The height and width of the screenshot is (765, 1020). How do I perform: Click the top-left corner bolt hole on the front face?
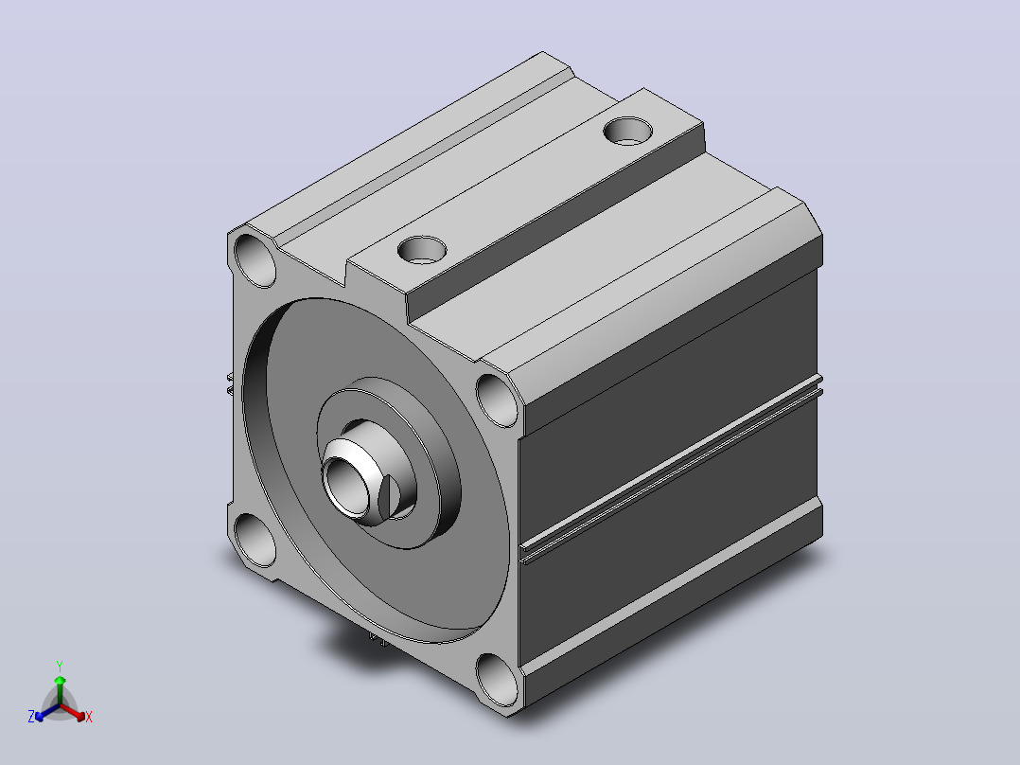(255, 260)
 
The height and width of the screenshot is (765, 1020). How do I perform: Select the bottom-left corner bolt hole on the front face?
(255, 540)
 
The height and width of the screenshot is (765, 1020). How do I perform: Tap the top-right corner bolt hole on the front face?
(498, 400)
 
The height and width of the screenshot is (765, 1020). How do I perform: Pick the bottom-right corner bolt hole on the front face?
(498, 680)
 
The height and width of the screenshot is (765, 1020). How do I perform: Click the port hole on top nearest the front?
(422, 250)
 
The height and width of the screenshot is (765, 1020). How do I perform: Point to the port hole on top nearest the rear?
(627, 131)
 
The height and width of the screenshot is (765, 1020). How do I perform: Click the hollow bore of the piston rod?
(346, 486)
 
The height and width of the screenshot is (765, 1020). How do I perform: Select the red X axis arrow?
(73, 712)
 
